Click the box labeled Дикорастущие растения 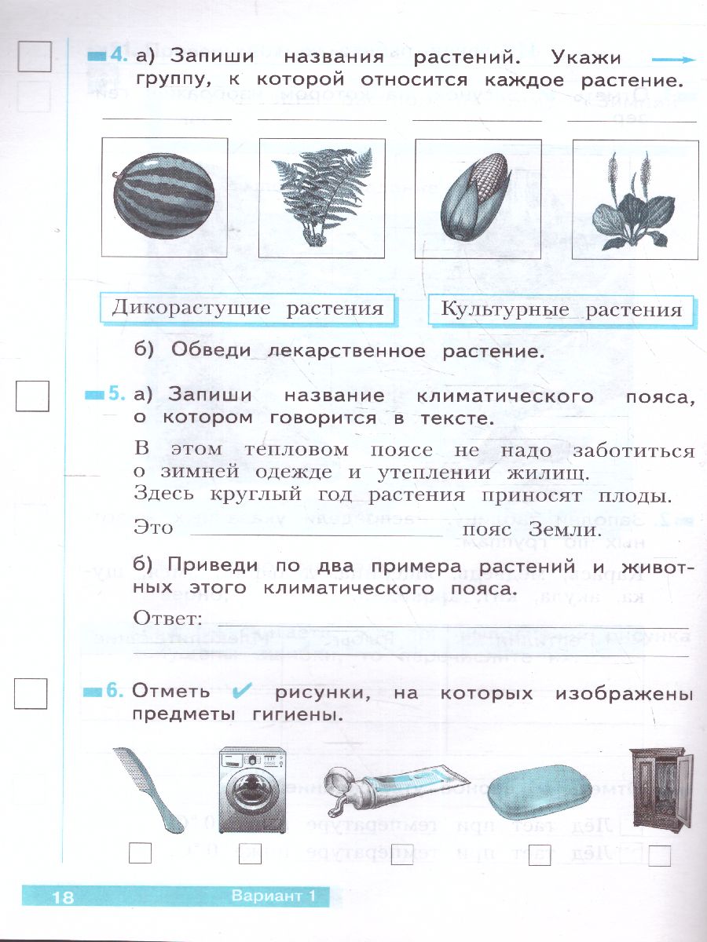(x=247, y=308)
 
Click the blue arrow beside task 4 (x=674, y=60)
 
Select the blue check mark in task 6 (x=243, y=692)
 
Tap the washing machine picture (x=251, y=790)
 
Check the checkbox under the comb (x=140, y=853)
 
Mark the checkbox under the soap (x=539, y=857)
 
